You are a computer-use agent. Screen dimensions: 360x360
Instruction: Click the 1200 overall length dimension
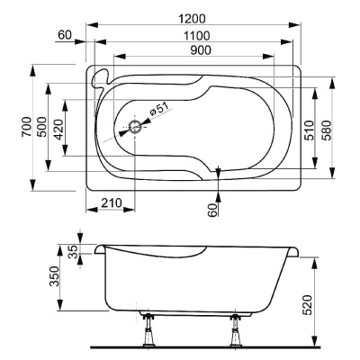(x=191, y=19)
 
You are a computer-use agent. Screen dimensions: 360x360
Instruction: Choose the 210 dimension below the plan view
(x=111, y=204)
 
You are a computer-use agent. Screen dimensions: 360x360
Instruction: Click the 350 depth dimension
(x=53, y=274)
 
